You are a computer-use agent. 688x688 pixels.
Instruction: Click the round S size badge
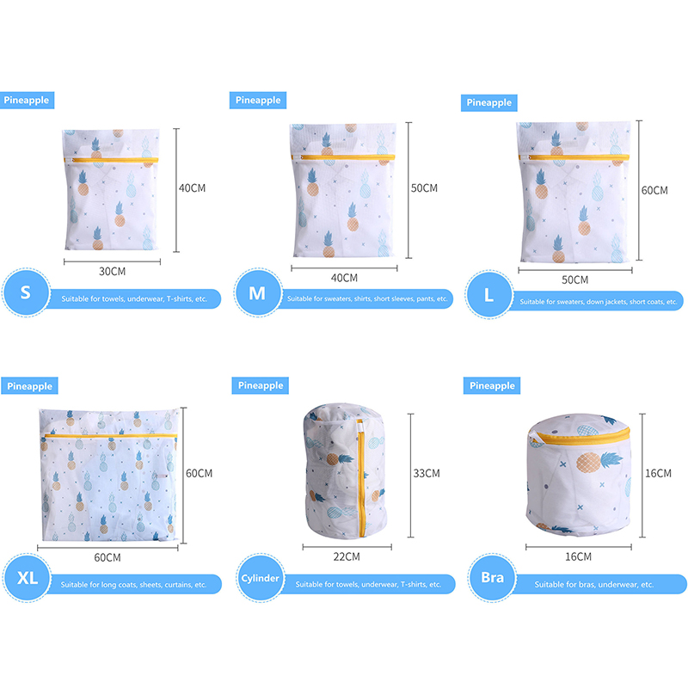[26, 292]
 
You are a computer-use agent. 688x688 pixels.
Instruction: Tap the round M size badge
[257, 292]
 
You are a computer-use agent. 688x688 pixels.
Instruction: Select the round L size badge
[488, 294]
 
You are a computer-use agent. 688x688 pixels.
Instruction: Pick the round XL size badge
[27, 578]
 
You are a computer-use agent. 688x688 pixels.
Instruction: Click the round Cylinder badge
[261, 578]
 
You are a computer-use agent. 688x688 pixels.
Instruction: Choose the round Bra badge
[492, 577]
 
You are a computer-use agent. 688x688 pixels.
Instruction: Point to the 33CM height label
[427, 474]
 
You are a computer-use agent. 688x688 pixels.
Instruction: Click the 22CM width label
[347, 556]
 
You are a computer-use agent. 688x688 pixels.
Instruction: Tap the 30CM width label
[113, 272]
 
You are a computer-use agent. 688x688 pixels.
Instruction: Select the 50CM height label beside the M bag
[424, 188]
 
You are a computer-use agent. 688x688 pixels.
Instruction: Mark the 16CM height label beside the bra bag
[658, 474]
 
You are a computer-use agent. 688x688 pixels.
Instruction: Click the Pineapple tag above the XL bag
[29, 386]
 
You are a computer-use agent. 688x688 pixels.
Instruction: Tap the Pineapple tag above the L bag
[488, 102]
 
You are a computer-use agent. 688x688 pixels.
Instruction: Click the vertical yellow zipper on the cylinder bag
[361, 482]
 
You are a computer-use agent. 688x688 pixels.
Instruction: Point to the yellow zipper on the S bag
[111, 160]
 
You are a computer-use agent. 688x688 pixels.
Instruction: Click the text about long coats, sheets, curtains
[133, 585]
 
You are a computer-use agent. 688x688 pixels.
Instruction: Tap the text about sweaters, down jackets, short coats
[599, 302]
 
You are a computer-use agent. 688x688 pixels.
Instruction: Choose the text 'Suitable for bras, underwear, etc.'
[594, 585]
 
